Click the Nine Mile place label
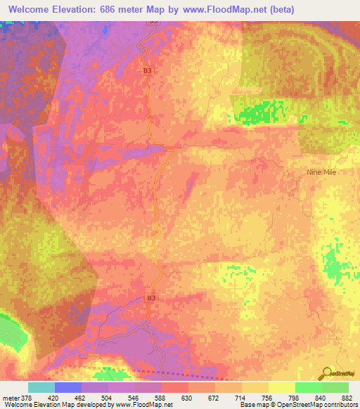pyautogui.click(x=323, y=171)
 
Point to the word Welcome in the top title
pyautogui.click(x=32, y=9)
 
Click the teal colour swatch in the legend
pyautogui.click(x=41, y=387)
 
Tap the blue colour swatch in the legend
pyautogui.click(x=68, y=387)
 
